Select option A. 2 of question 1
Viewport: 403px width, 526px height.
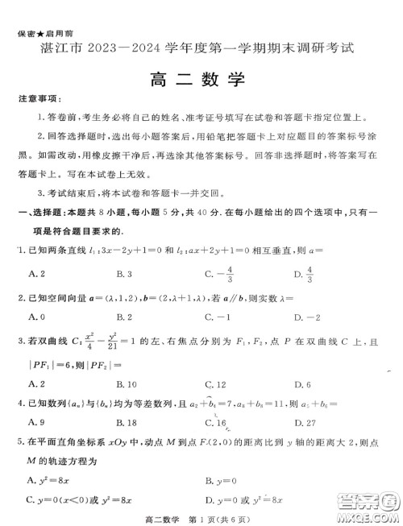click(x=36, y=275)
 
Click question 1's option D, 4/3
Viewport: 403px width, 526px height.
click(x=304, y=275)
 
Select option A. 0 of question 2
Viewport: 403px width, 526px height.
click(x=36, y=317)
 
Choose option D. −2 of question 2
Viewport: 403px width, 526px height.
click(x=305, y=317)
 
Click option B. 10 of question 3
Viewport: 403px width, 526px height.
click(x=127, y=383)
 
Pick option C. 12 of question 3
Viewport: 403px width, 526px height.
click(x=215, y=383)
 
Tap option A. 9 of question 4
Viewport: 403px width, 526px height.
click(x=36, y=420)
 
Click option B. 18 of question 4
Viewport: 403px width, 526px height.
click(x=127, y=420)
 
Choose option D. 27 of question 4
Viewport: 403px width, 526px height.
click(x=305, y=420)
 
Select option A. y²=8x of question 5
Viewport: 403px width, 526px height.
click(x=49, y=480)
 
